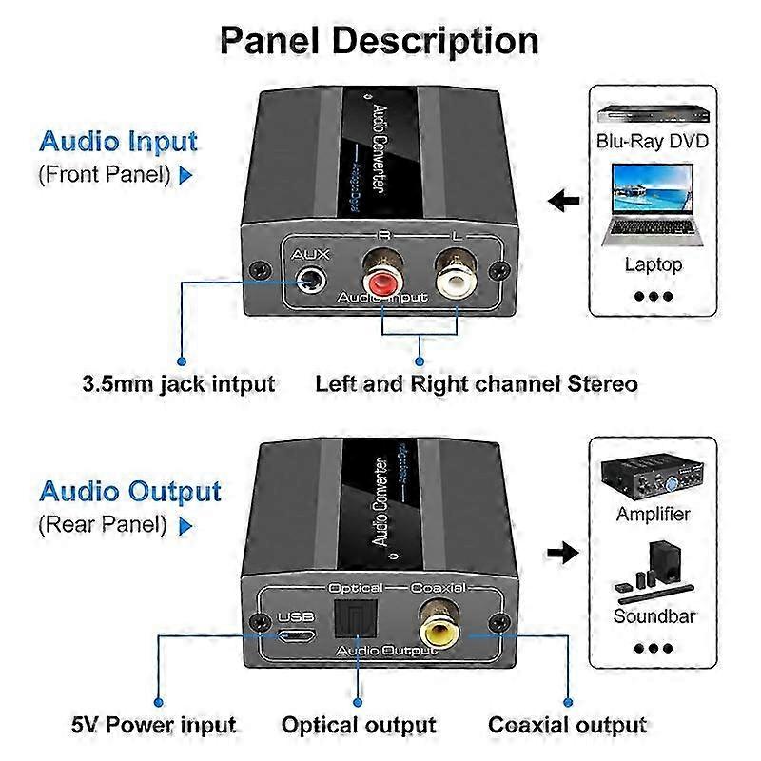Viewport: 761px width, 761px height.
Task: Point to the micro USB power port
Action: click(x=295, y=635)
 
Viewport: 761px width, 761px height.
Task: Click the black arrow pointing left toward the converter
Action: click(x=565, y=202)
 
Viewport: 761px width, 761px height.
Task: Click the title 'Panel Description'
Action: click(x=380, y=40)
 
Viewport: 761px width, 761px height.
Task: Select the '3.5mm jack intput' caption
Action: click(x=178, y=384)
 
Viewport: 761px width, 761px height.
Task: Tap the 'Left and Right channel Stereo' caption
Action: click(x=476, y=384)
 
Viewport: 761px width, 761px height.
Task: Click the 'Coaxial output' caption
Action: click(x=568, y=725)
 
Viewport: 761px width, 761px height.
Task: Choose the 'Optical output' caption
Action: click(x=359, y=725)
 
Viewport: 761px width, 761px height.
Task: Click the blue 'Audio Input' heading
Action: click(x=118, y=142)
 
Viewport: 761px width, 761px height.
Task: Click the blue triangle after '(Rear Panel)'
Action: click(x=185, y=525)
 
